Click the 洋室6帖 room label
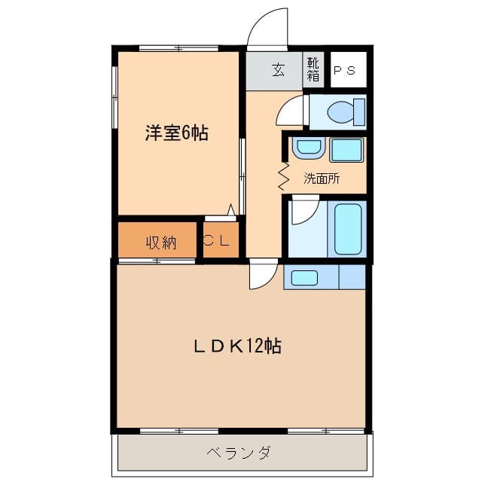click(177, 134)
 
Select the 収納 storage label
click(160, 243)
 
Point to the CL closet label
click(220, 242)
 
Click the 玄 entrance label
click(277, 71)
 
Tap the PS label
click(345, 72)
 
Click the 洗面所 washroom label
click(322, 179)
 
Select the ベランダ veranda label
click(239, 453)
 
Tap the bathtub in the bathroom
click(347, 230)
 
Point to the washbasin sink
click(307, 148)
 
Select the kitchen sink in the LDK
click(304, 277)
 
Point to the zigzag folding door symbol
click(285, 175)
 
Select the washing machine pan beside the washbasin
click(346, 150)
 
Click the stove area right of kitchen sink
click(352, 277)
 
